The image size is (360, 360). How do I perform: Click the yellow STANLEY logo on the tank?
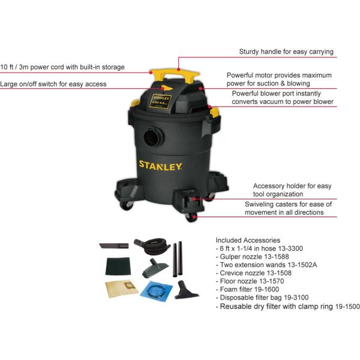pyautogui.click(x=160, y=166)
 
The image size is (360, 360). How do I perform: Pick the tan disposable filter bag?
pyautogui.click(x=122, y=289)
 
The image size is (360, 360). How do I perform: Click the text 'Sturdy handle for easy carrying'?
pyautogui.click(x=286, y=52)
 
